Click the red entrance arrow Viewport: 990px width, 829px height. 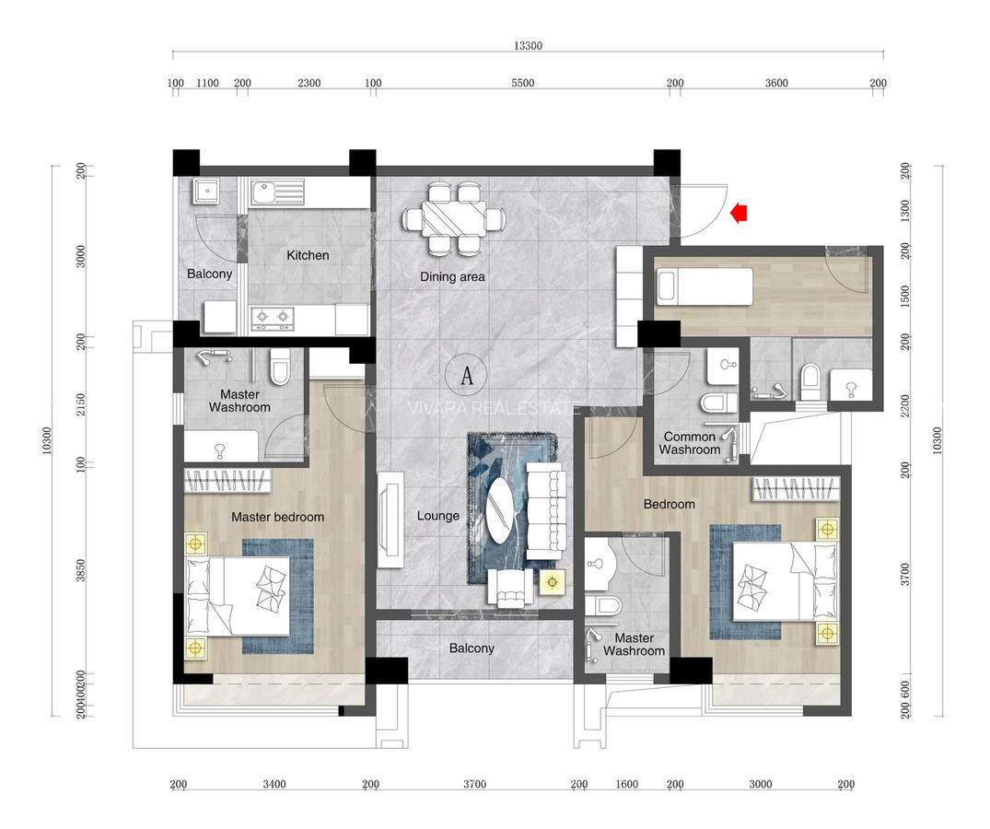pyautogui.click(x=738, y=214)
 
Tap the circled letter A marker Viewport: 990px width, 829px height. pyautogui.click(x=467, y=375)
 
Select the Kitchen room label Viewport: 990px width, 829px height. pyautogui.click(x=308, y=255)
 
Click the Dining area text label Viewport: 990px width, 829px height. pyautogui.click(x=452, y=276)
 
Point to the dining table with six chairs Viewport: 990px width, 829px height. pyautogui.click(x=452, y=219)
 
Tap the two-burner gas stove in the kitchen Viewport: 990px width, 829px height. pyautogui.click(x=273, y=318)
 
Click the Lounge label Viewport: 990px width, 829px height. pyautogui.click(x=437, y=516)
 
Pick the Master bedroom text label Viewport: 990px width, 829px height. pyautogui.click(x=277, y=517)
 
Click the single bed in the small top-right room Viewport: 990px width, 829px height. pyautogui.click(x=704, y=286)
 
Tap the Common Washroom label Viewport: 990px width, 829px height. pyautogui.click(x=690, y=443)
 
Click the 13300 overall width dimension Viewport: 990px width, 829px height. pyautogui.click(x=528, y=45)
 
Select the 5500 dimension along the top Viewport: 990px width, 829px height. pyautogui.click(x=522, y=83)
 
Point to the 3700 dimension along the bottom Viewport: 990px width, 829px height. pyautogui.click(x=474, y=785)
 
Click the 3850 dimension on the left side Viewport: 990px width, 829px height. pyautogui.click(x=81, y=571)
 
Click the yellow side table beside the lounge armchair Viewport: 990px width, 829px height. pyautogui.click(x=553, y=582)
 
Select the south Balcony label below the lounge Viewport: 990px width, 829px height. pyautogui.click(x=472, y=648)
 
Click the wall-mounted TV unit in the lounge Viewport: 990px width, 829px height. pyautogui.click(x=389, y=520)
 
